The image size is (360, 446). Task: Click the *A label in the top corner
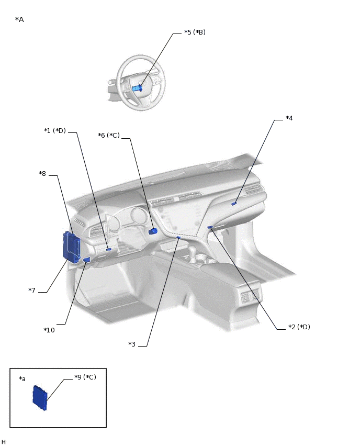pyautogui.click(x=19, y=20)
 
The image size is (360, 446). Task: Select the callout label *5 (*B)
pyautogui.click(x=195, y=32)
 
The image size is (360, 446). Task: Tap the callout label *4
pyautogui.click(x=289, y=118)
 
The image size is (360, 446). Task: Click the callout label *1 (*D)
pyautogui.click(x=55, y=131)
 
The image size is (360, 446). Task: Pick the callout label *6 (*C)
pyautogui.click(x=109, y=136)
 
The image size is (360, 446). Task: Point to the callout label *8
pyautogui.click(x=42, y=174)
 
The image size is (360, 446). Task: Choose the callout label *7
pyautogui.click(x=32, y=291)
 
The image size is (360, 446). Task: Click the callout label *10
pyautogui.click(x=49, y=330)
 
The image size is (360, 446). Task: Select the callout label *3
pyautogui.click(x=132, y=344)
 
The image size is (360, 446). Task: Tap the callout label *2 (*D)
pyautogui.click(x=299, y=327)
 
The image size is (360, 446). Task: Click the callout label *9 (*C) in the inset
pyautogui.click(x=85, y=377)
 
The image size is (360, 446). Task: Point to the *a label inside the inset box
pyautogui.click(x=22, y=379)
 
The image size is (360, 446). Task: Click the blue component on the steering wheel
pyautogui.click(x=137, y=88)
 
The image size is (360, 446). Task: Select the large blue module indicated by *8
pyautogui.click(x=71, y=247)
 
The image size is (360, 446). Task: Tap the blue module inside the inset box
pyautogui.click(x=40, y=398)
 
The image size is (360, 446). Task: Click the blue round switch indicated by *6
pyautogui.click(x=153, y=231)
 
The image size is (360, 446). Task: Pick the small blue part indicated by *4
pyautogui.click(x=234, y=203)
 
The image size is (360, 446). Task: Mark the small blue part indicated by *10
pyautogui.click(x=86, y=260)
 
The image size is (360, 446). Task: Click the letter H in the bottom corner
pyautogui.click(x=4, y=442)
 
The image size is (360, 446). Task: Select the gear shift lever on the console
pyautogui.click(x=193, y=256)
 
